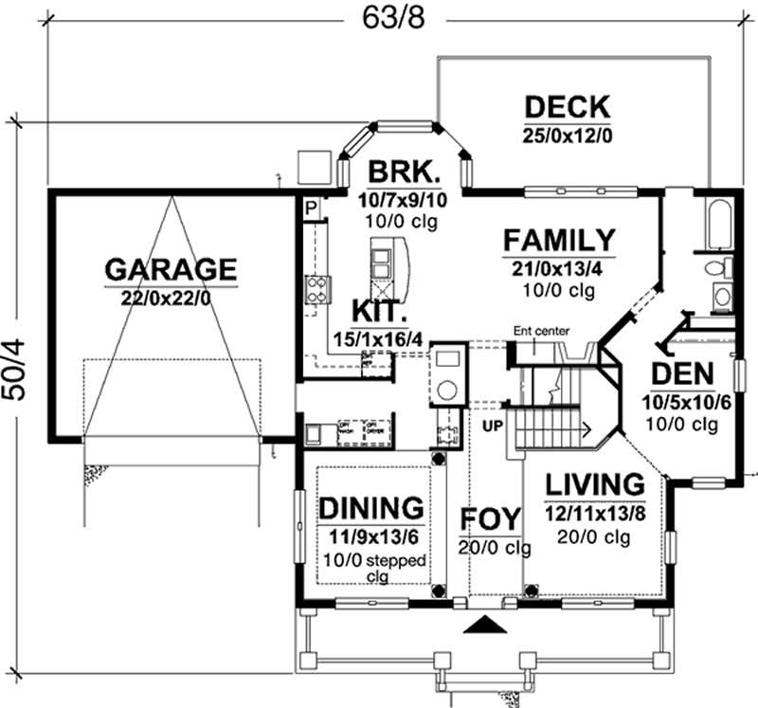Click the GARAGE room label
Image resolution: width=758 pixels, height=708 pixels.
171,268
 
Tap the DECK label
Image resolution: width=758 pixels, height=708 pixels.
568,106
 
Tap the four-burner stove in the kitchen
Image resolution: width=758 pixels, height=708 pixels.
316,288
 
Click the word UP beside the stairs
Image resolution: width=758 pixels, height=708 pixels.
493,427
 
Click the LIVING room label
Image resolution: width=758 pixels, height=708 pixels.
595,484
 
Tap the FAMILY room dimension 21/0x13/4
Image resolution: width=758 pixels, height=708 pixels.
559,267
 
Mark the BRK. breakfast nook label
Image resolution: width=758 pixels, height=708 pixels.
404,172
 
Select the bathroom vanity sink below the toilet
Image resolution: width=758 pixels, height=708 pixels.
721,297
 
